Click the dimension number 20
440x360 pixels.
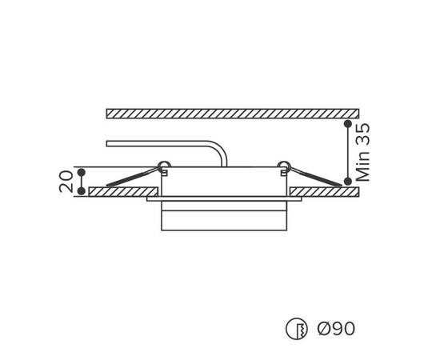coord(66,182)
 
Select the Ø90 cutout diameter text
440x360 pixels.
coord(336,328)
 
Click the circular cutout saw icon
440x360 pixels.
coord(296,329)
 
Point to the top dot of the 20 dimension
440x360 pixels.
coord(82,172)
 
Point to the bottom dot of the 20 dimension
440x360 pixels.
coord(82,191)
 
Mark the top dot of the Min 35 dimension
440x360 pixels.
coord(348,123)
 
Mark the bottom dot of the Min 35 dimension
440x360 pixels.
coord(348,182)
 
